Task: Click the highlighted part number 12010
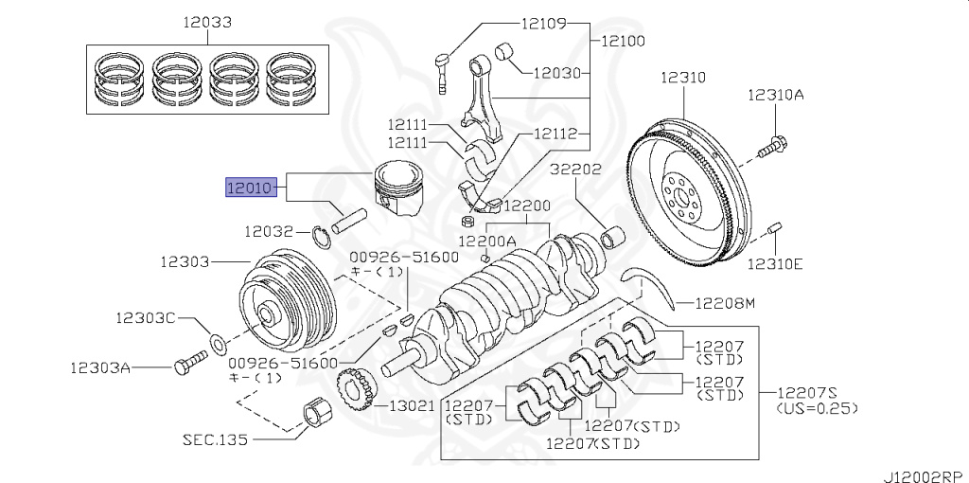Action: tap(250, 188)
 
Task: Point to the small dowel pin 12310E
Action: tap(774, 229)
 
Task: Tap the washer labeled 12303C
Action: tap(216, 340)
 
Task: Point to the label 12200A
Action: tap(488, 241)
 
